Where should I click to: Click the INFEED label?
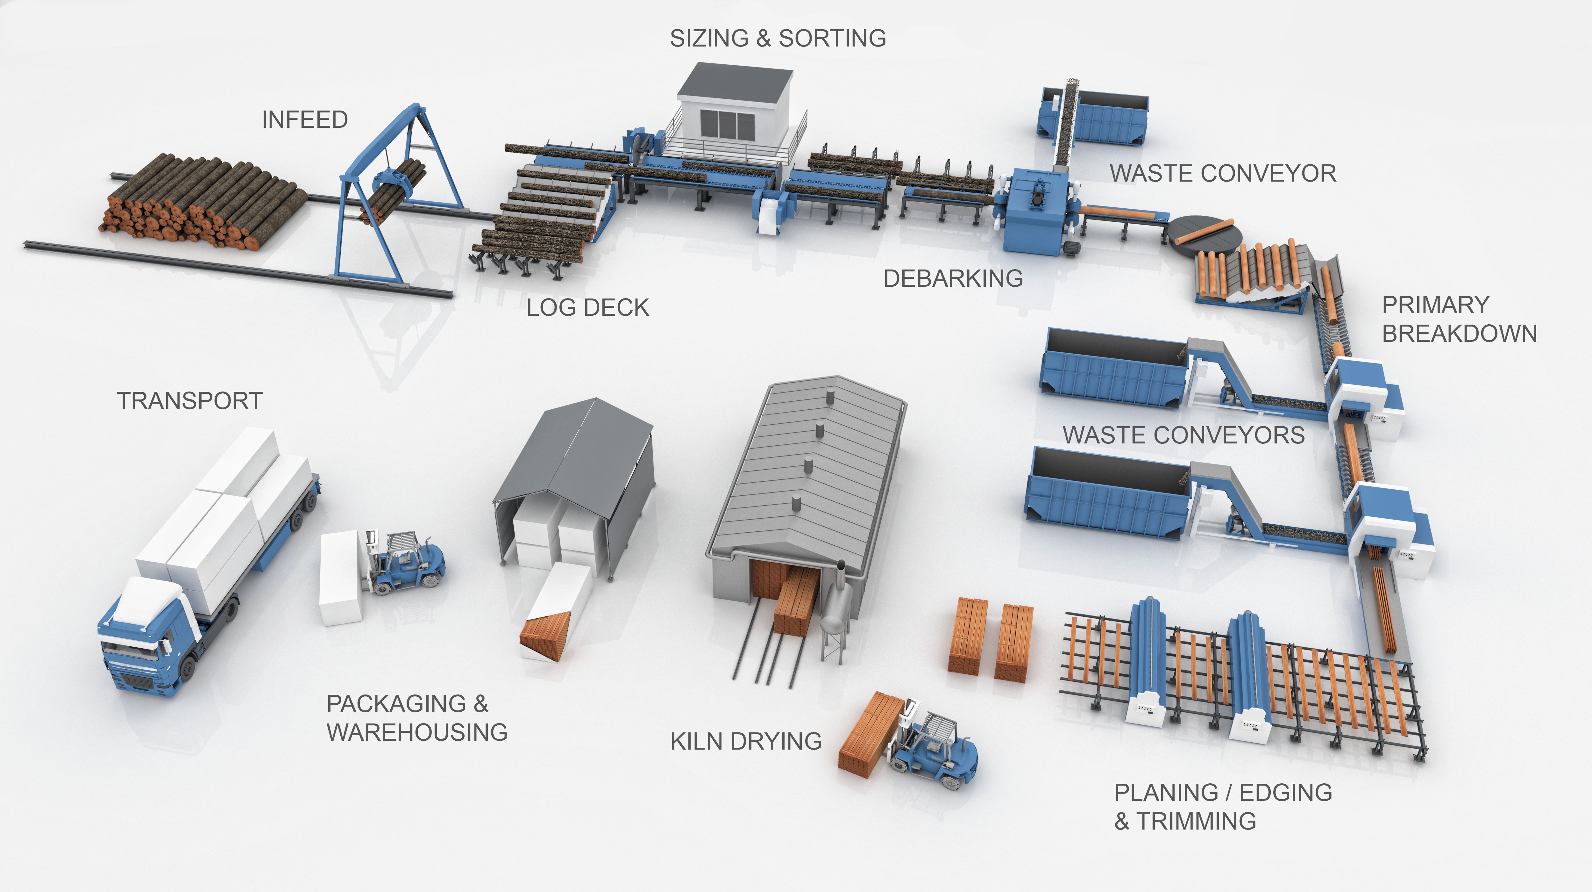tap(305, 119)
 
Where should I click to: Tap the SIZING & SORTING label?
tap(778, 38)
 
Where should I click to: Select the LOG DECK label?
tap(588, 307)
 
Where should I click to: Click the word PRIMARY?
tap(1435, 305)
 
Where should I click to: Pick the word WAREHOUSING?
tap(417, 732)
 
